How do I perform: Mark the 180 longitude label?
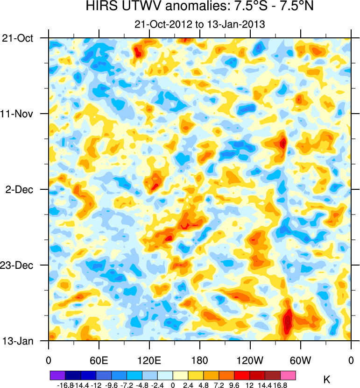[200, 360]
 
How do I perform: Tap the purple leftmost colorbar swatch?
[57, 375]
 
